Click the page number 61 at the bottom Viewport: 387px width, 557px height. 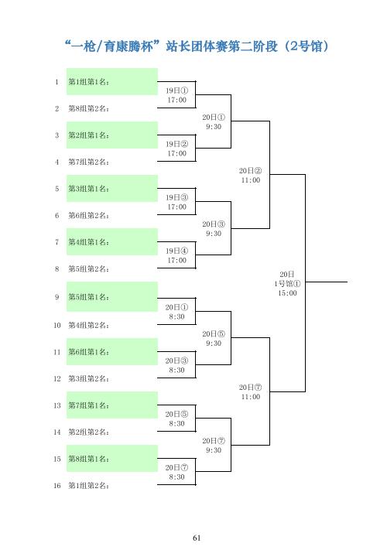click(197, 538)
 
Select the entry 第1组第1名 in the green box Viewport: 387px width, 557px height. click(88, 82)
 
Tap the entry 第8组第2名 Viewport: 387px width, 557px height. click(88, 109)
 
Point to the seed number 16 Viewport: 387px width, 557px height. click(57, 486)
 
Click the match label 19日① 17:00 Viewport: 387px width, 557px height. click(177, 95)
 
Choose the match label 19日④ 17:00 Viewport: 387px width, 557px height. click(177, 255)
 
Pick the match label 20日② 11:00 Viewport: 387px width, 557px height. click(251, 176)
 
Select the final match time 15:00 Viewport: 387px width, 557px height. click(287, 293)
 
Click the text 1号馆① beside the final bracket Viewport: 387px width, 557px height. click(287, 283)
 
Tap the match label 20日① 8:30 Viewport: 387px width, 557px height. click(177, 312)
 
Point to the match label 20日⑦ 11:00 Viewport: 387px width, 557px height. click(251, 391)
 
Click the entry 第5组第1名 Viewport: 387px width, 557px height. click(88, 297)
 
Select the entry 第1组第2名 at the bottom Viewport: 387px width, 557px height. click(88, 486)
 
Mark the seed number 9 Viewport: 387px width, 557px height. click(57, 297)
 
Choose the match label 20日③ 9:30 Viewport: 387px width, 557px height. click(214, 229)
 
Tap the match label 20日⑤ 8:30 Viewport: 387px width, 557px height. click(177, 419)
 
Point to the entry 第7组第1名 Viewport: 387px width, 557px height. click(88, 405)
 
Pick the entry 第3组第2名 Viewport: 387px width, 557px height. click(88, 378)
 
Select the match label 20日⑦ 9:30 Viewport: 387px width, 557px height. click(214, 446)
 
